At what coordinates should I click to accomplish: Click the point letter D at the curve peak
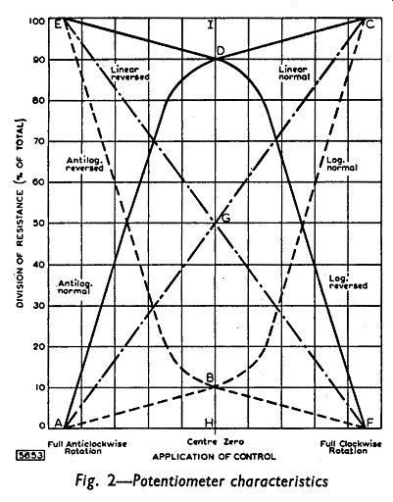[221, 51]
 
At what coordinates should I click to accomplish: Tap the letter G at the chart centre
[226, 218]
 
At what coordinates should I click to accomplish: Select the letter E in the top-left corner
[58, 25]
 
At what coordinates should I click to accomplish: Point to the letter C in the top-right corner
[370, 25]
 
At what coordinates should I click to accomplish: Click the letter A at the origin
[58, 423]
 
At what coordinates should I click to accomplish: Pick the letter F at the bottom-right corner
[369, 423]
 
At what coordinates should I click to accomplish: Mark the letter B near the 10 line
[210, 377]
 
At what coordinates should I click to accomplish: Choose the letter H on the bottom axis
[209, 423]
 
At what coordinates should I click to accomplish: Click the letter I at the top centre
[211, 25]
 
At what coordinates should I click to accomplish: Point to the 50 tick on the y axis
[39, 224]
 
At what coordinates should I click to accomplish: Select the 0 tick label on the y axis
[42, 427]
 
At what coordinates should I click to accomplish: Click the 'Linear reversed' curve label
[129, 74]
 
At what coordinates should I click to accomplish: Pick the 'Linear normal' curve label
[294, 74]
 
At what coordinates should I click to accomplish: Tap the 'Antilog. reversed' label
[85, 164]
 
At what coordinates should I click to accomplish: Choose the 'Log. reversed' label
[348, 282]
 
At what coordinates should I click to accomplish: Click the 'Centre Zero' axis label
[216, 442]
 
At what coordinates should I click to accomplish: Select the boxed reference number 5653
[30, 456]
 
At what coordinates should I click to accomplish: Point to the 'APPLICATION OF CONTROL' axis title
[214, 457]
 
